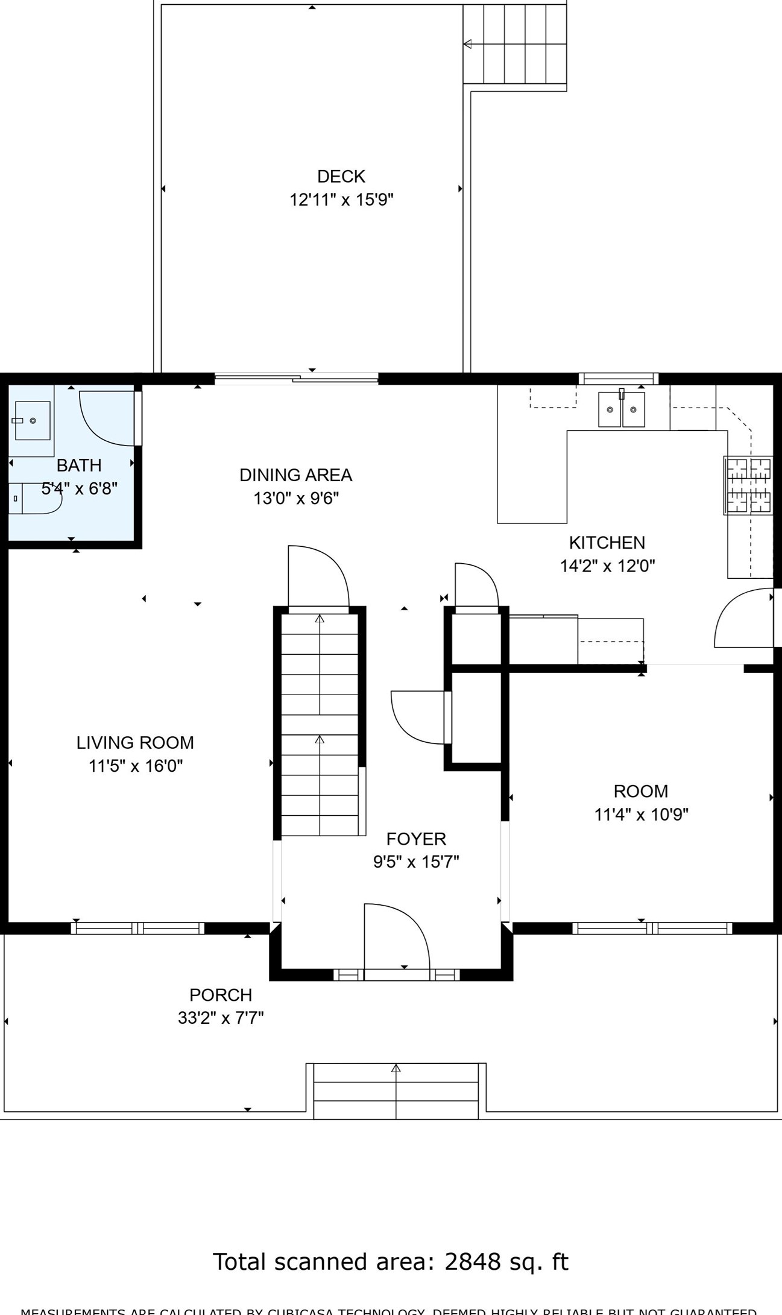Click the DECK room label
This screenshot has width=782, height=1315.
[341, 177]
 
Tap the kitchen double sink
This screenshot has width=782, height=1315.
[621, 409]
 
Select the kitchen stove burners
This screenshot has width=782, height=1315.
[748, 485]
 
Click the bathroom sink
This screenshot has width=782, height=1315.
[32, 420]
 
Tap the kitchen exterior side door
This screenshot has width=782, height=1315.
[743, 619]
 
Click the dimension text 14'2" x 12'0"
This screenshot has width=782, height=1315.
[607, 566]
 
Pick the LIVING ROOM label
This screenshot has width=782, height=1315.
[135, 743]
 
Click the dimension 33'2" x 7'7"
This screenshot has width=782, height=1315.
[221, 1018]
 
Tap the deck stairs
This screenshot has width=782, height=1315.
[514, 44]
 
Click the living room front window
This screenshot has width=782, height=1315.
[137, 928]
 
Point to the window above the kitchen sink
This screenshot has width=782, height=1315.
[619, 379]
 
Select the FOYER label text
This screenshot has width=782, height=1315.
[416, 839]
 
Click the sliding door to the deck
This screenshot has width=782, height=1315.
[297, 379]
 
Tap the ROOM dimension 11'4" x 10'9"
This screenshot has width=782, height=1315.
[641, 815]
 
